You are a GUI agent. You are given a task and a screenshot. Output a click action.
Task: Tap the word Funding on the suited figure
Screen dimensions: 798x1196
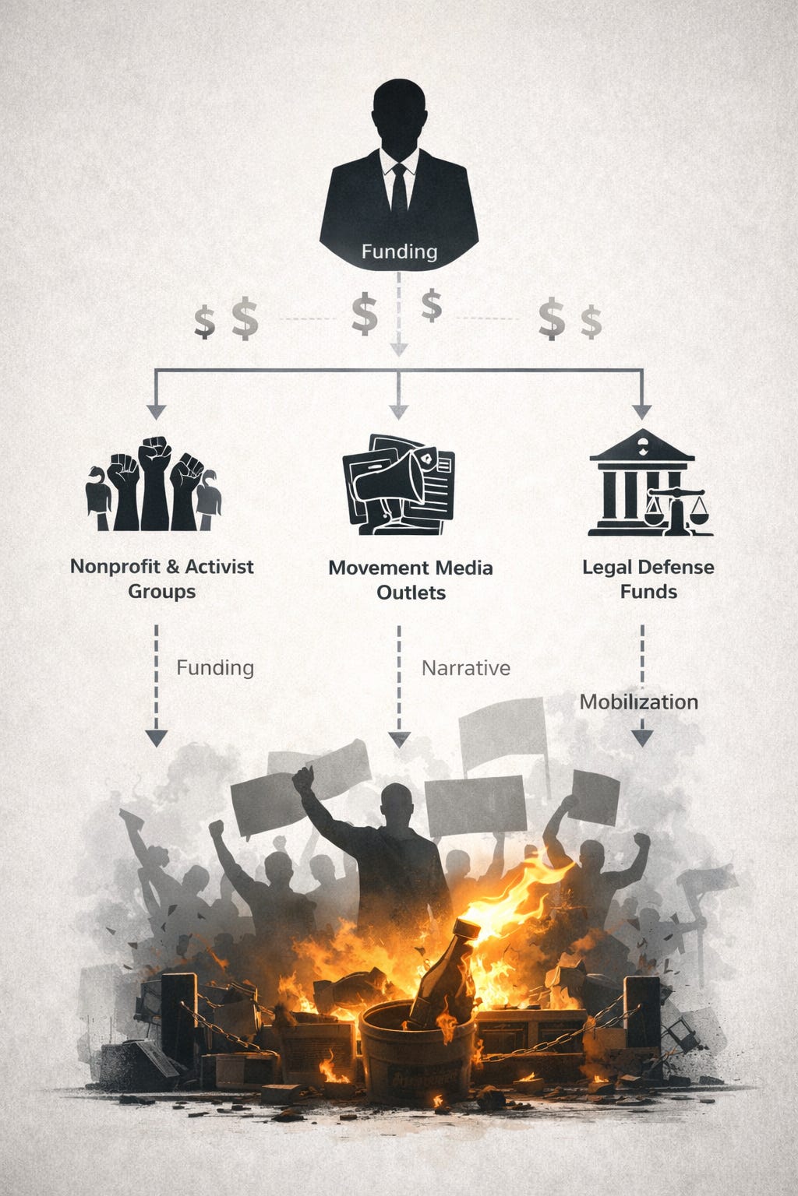(x=399, y=252)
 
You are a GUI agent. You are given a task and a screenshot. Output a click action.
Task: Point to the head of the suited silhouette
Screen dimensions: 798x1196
(x=399, y=113)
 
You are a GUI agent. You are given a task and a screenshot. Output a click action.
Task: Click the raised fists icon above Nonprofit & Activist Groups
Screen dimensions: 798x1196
(x=154, y=484)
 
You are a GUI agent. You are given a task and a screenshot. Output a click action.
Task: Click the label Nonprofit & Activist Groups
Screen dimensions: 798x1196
(x=162, y=579)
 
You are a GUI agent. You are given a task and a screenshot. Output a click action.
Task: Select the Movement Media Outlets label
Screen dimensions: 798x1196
(x=411, y=580)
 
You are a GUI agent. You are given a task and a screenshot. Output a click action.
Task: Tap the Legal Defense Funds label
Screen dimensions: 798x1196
(x=648, y=579)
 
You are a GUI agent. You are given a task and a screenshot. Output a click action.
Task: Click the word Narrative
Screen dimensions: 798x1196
(x=466, y=668)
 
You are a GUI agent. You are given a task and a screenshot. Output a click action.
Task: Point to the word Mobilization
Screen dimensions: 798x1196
(x=639, y=702)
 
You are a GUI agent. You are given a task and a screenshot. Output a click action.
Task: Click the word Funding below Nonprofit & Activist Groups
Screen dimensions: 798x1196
(x=215, y=668)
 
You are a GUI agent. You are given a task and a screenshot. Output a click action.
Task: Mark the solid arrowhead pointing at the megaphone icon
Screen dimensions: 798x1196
(x=399, y=411)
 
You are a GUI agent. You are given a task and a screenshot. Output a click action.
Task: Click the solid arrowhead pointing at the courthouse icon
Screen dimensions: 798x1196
(x=641, y=411)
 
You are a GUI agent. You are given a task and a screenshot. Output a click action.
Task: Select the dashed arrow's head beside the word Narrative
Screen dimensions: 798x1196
(x=399, y=739)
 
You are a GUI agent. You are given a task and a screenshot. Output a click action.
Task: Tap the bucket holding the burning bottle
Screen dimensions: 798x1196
(x=417, y=1043)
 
